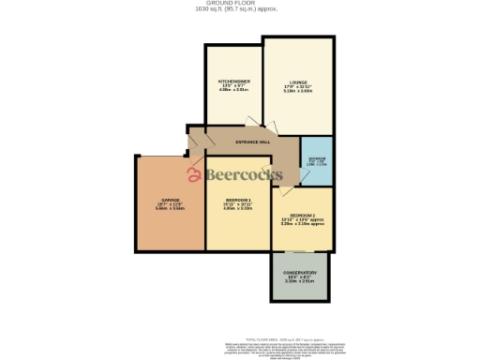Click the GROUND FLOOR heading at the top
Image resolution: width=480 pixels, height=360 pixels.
[x=240, y=4]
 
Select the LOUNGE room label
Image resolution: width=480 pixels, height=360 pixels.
[x=297, y=82]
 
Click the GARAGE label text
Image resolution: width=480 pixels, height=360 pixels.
[x=170, y=200]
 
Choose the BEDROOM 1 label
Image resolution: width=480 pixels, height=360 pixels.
[x=236, y=200]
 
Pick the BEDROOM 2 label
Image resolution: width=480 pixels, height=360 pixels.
[x=301, y=215]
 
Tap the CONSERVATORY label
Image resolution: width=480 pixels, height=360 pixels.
[x=300, y=273]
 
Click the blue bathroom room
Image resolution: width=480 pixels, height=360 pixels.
[x=317, y=160]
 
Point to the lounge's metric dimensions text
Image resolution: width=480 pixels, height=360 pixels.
[x=297, y=92]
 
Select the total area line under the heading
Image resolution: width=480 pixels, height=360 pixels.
[x=240, y=9]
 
